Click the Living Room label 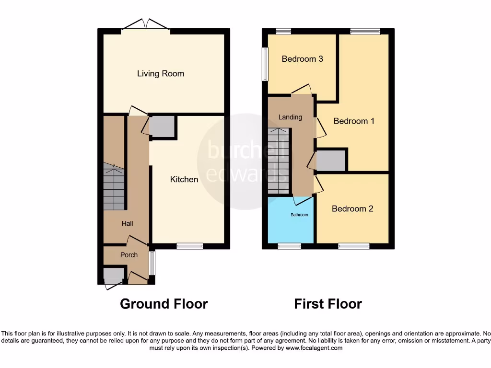click(160, 74)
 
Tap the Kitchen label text click(184, 179)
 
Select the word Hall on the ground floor click(127, 223)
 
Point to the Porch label click(129, 255)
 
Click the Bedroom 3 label click(302, 59)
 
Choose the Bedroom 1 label click(354, 121)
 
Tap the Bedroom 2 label click(352, 209)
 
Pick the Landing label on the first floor click(291, 117)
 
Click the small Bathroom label click(299, 215)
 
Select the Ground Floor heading click(164, 304)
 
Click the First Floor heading click(328, 304)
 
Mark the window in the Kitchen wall click(189, 246)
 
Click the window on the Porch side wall click(152, 264)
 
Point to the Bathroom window click(290, 246)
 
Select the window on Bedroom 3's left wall click(265, 64)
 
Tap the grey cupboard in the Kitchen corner click(162, 126)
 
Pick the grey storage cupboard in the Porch click(113, 276)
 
